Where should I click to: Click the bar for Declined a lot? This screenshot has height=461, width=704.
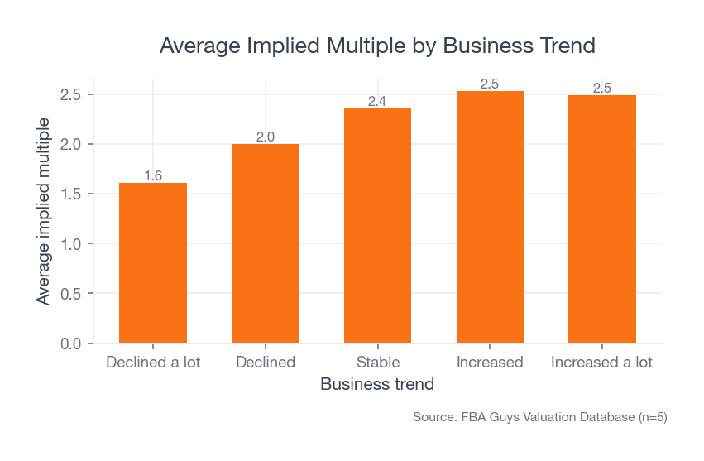pyautogui.click(x=153, y=263)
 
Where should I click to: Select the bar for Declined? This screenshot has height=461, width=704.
pyautogui.click(x=266, y=243)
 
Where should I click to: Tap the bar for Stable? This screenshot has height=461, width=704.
pyautogui.click(x=377, y=225)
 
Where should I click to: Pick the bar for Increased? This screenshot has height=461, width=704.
pyautogui.click(x=490, y=217)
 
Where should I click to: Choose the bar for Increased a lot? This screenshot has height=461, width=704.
pyautogui.click(x=602, y=219)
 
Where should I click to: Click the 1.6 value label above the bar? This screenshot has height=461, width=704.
pyautogui.click(x=153, y=175)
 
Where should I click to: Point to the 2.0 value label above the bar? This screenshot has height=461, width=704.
pyautogui.click(x=266, y=137)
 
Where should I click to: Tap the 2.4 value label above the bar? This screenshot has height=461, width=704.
pyautogui.click(x=377, y=101)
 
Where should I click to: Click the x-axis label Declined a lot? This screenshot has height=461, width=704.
pyautogui.click(x=153, y=363)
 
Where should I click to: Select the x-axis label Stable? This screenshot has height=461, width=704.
pyautogui.click(x=377, y=363)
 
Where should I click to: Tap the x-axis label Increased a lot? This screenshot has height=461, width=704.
pyautogui.click(x=602, y=363)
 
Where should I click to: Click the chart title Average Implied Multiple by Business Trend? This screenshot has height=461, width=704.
pyautogui.click(x=377, y=46)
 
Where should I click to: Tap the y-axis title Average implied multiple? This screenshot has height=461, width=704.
pyautogui.click(x=44, y=211)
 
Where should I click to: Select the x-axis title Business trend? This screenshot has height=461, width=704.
pyautogui.click(x=377, y=385)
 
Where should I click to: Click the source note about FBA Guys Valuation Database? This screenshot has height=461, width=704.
pyautogui.click(x=539, y=418)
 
